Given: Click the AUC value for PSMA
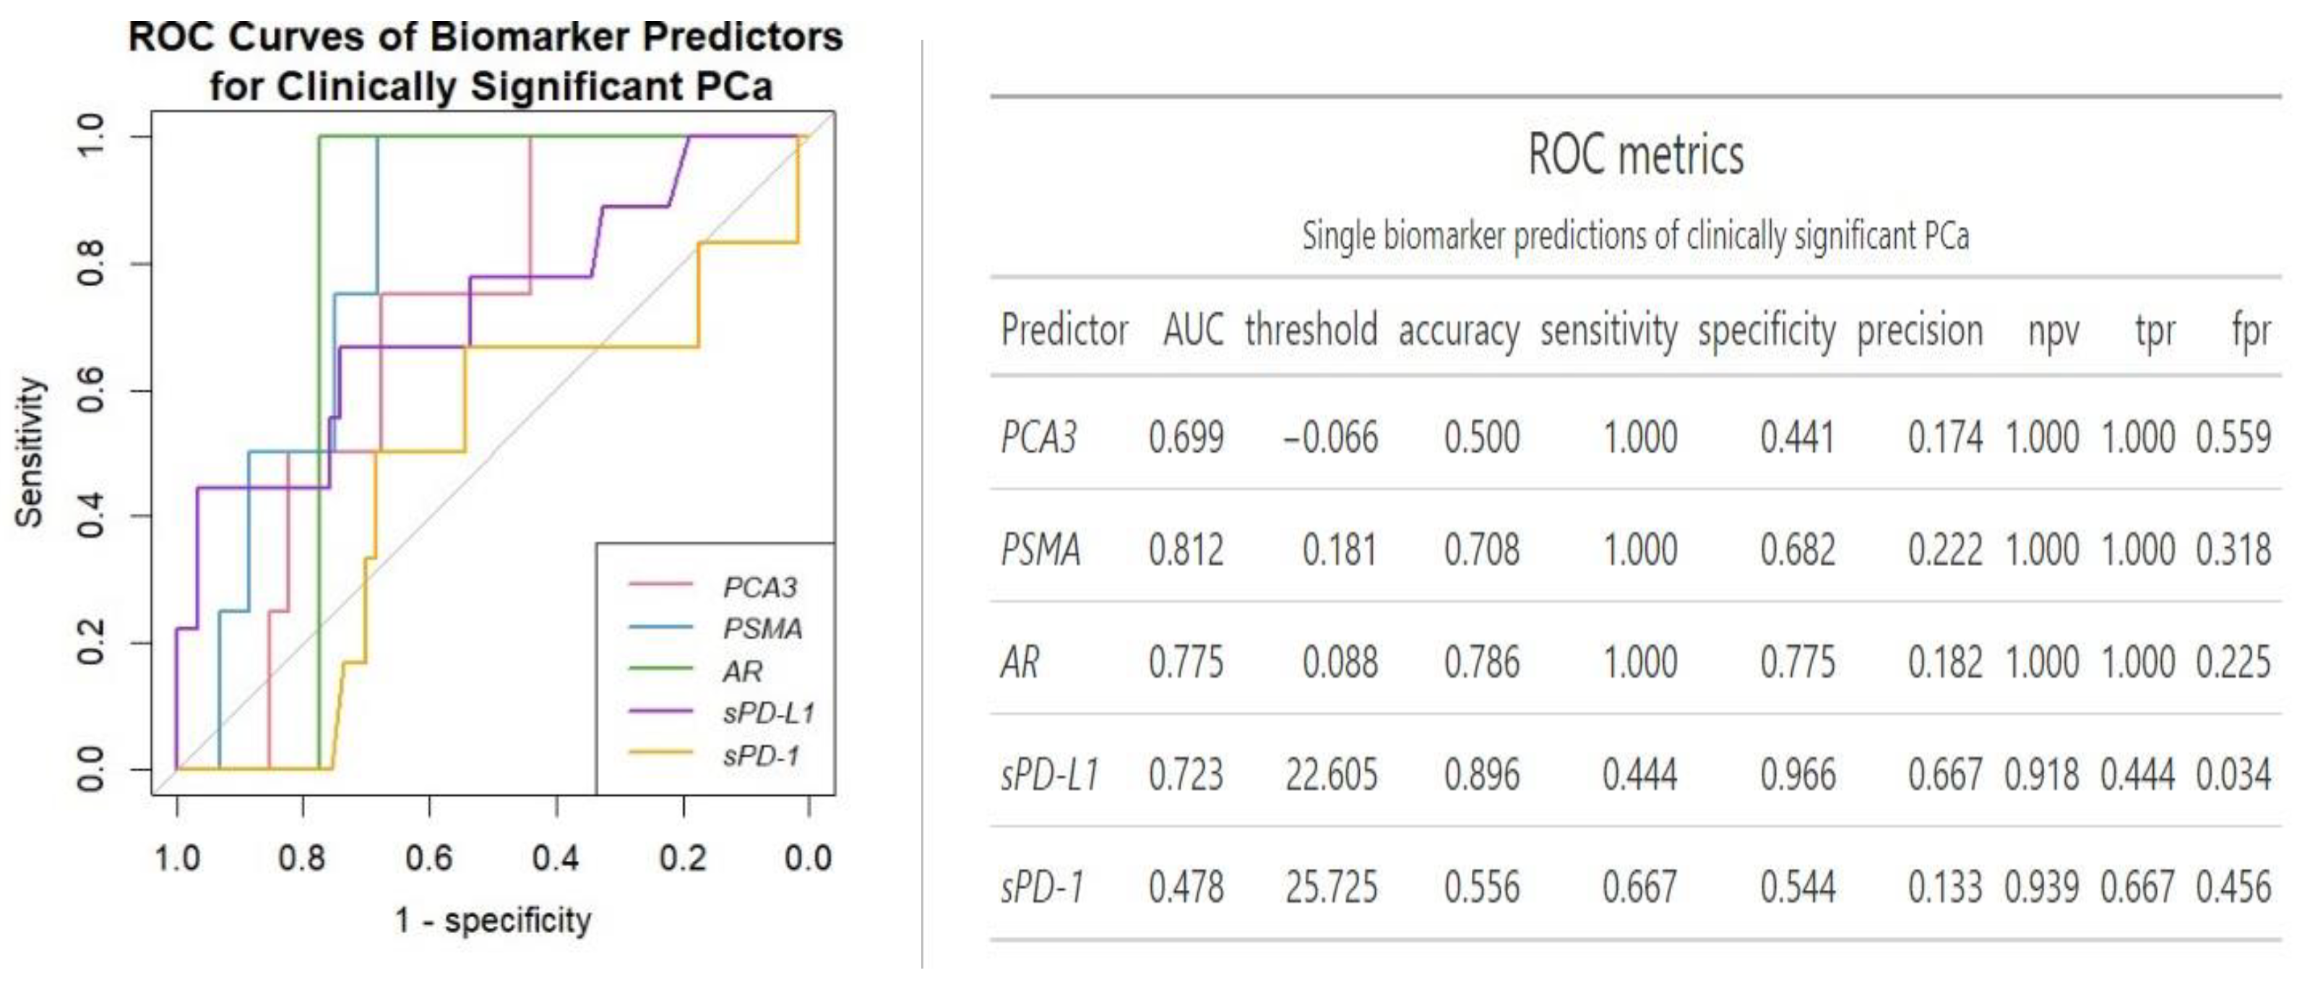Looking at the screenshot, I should (1186, 550).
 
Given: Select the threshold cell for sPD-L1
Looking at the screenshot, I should (1331, 775).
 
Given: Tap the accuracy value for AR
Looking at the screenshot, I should (1481, 663).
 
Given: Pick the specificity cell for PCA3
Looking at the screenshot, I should (1797, 437).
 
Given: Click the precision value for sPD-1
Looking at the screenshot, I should (1944, 888).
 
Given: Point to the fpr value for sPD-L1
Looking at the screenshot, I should (2233, 775).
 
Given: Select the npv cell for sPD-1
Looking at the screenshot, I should (2041, 888).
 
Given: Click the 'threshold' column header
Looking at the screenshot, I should (1311, 330).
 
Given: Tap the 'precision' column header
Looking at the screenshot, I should (1919, 331).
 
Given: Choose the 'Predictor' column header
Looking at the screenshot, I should (1064, 330).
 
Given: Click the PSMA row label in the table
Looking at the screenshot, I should (1040, 550).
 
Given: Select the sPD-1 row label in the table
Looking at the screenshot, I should (1042, 888).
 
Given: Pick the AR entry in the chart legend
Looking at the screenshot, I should (743, 671).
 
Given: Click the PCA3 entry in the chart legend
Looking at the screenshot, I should (759, 588).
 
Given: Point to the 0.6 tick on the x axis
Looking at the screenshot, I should (428, 858).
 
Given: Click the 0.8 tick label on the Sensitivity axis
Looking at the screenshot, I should (90, 264).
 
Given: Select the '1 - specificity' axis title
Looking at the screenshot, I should (492, 920).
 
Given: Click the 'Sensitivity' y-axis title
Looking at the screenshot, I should (29, 451).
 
